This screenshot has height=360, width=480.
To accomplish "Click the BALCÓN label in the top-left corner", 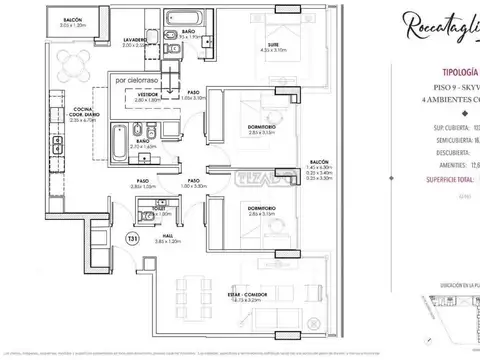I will point(71,19).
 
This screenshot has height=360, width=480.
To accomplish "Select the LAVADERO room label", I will point(137,41).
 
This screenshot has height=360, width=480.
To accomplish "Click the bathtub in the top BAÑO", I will point(184,17).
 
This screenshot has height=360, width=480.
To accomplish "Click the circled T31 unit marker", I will point(133,238).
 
